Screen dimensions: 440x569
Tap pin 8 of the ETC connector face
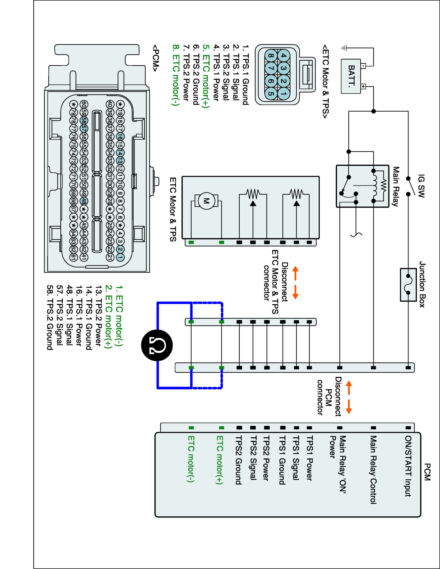point(270,56)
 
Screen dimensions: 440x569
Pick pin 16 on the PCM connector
point(120,136)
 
